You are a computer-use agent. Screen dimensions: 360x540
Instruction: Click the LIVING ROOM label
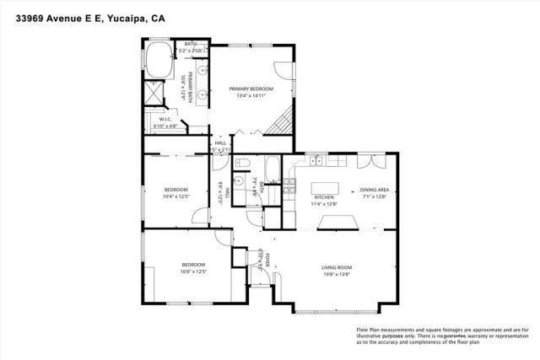pos(336,268)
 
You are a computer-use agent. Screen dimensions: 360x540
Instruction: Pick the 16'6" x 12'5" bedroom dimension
pos(192,271)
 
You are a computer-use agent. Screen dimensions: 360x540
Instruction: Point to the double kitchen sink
pos(316,159)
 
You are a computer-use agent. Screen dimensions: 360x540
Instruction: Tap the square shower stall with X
pos(154,93)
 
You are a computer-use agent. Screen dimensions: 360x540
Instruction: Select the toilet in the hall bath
pos(240,163)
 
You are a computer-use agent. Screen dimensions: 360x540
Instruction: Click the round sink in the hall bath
pos(240,180)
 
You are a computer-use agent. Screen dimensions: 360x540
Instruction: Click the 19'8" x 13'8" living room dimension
pos(336,275)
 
